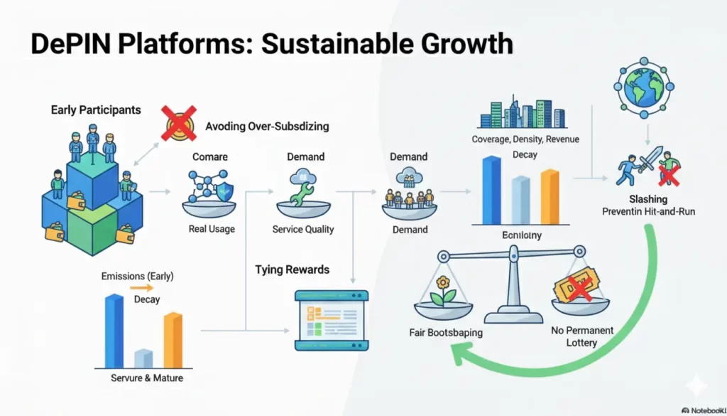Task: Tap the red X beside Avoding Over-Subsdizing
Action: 180,124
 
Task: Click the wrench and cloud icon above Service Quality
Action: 302,186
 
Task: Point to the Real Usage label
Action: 212,229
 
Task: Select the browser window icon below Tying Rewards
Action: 331,319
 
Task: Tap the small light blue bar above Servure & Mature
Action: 143,358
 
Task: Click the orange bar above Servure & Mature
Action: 173,339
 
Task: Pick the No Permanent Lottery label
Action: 581,336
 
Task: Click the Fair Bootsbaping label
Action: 446,332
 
